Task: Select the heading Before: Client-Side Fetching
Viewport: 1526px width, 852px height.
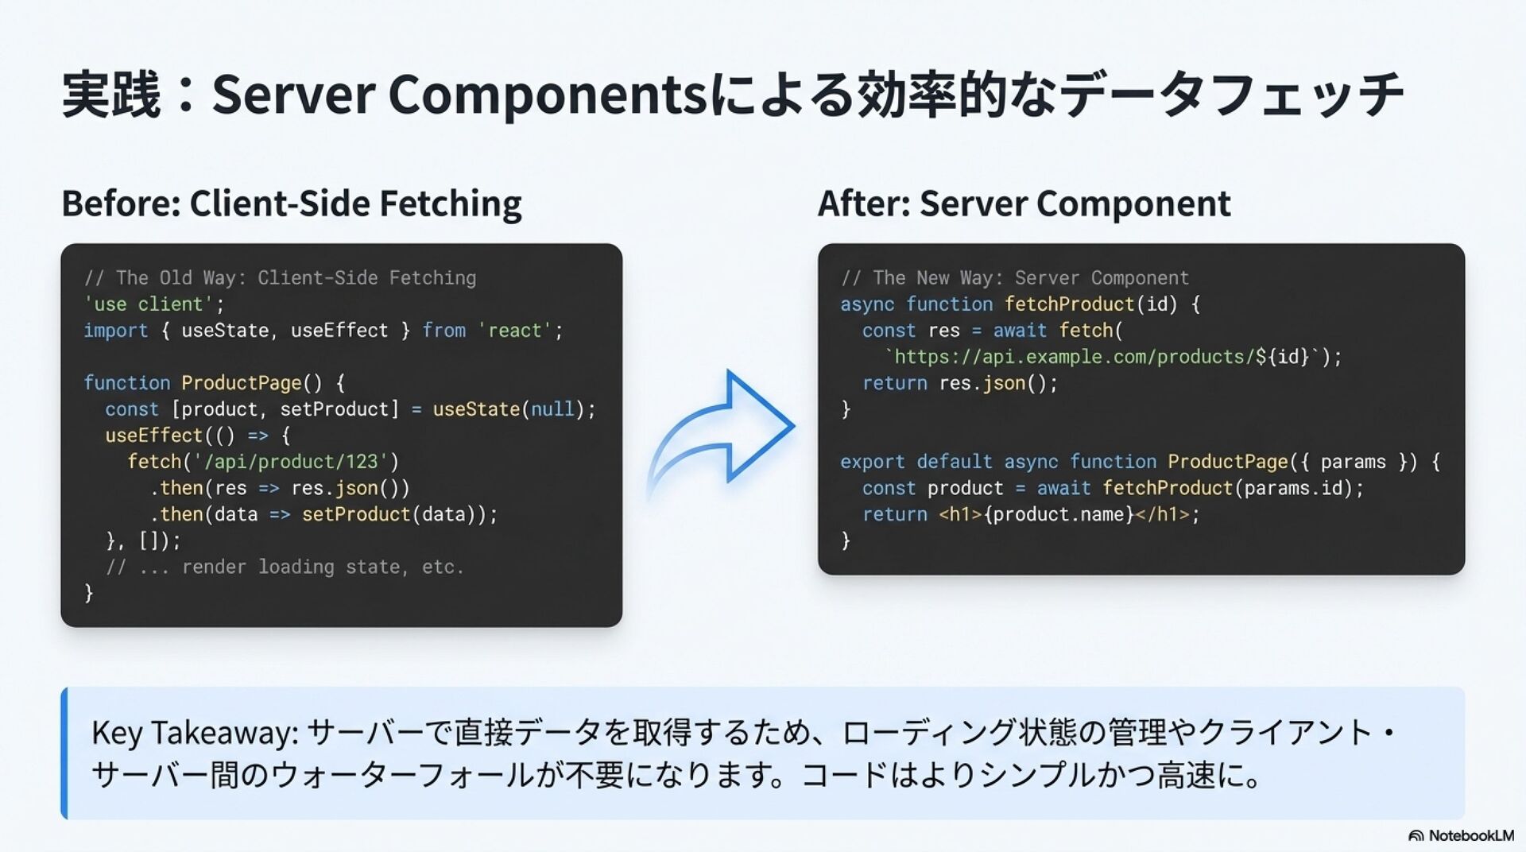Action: coord(292,203)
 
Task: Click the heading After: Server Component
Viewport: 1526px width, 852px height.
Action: coord(1024,203)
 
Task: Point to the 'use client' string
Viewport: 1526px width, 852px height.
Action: coord(149,304)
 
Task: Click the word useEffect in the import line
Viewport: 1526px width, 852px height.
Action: coord(339,331)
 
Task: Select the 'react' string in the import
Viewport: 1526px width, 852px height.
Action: coord(515,331)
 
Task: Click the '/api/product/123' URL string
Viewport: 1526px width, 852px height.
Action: coord(291,462)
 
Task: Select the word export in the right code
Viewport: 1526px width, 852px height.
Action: coord(872,462)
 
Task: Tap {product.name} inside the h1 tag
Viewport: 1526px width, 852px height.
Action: coord(1059,514)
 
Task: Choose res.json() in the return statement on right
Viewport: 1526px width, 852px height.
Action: coord(992,383)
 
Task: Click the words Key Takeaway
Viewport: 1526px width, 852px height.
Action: coord(194,732)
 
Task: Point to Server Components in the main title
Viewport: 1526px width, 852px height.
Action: coord(459,95)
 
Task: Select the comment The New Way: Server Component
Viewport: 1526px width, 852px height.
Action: coord(1015,278)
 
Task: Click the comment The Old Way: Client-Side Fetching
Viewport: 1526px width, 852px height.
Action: coord(280,278)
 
